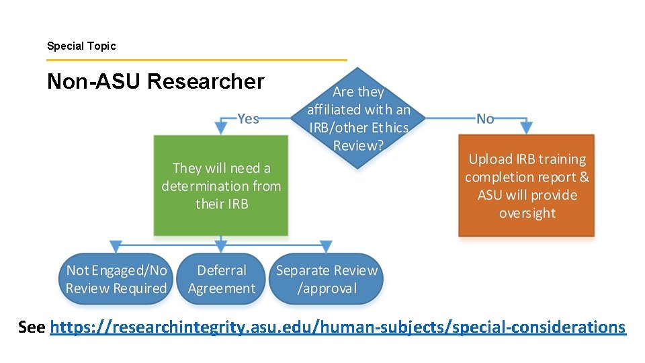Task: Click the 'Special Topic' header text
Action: pos(81,46)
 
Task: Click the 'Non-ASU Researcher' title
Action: pos(156,82)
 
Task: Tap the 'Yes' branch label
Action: pos(248,119)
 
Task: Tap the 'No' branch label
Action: pos(485,119)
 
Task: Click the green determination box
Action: pos(221,186)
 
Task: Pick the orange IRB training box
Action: pos(527,186)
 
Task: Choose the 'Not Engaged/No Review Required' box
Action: pos(116,279)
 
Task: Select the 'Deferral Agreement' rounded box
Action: pos(222,279)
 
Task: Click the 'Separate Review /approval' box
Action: pos(327,279)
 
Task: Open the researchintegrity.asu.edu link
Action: pos(338,327)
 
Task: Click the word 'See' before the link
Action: pos(32,327)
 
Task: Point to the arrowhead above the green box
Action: pos(221,128)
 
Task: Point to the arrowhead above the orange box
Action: pos(527,128)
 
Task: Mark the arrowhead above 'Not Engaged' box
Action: pos(116,247)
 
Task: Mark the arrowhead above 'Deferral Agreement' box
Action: pos(221,247)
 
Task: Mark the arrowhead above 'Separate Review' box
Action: pos(327,247)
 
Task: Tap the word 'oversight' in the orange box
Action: pos(527,213)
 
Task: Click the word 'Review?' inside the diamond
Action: pos(358,145)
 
